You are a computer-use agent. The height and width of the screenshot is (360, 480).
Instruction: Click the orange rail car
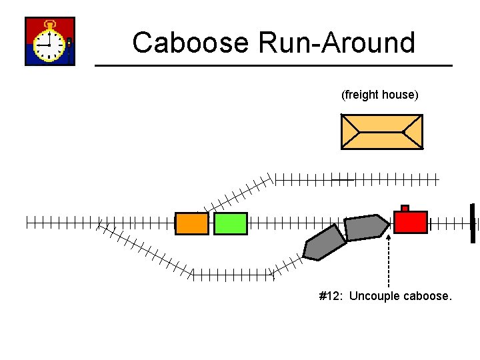192,223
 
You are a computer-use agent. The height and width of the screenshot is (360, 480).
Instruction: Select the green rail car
231,223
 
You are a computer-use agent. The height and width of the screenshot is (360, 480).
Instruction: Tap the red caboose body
410,222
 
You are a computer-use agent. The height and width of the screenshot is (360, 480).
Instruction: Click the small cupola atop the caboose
405,209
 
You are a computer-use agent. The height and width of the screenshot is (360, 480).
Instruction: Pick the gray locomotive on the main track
365,227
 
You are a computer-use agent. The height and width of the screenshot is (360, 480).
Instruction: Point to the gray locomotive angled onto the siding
324,243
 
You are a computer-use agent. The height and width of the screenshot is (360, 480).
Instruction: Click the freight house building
381,131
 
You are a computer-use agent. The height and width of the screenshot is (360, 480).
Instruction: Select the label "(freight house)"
380,95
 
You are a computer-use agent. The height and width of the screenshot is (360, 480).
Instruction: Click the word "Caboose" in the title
191,43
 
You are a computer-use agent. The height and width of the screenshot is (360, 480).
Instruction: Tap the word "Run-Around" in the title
337,43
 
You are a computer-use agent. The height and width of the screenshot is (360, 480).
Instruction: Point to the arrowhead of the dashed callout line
389,234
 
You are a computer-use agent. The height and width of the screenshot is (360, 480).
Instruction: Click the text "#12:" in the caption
331,296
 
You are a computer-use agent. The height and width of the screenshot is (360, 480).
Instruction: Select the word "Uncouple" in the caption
374,296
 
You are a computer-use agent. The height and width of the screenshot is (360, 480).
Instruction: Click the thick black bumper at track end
472,223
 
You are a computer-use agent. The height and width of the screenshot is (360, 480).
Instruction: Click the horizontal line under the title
273,65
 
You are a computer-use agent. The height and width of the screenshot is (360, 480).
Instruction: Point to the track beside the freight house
357,179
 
